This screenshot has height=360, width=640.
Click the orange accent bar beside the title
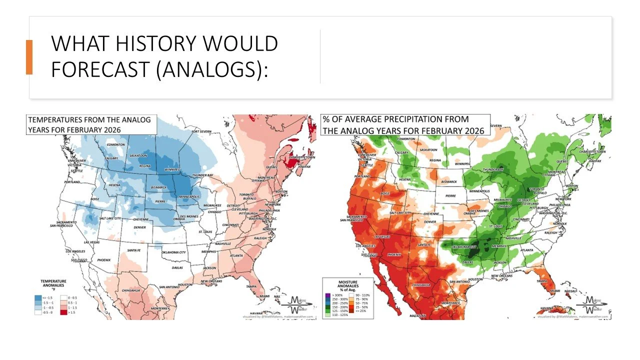point(29,57)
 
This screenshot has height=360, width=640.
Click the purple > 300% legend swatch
point(327,295)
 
